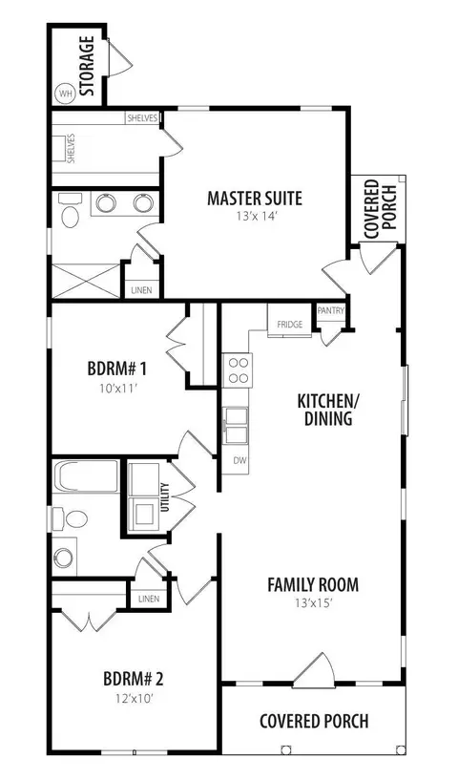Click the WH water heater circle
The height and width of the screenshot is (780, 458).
[65, 93]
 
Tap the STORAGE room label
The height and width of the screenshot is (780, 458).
[87, 66]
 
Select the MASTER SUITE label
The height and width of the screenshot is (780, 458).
[255, 198]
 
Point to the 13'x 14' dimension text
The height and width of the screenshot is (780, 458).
[254, 217]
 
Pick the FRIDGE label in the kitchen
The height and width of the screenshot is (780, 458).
[289, 325]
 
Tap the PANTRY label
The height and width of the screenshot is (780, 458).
[331, 311]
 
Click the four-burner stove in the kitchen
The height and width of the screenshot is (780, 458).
[238, 370]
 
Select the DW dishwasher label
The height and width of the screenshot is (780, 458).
[240, 460]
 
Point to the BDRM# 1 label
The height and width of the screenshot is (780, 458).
[116, 369]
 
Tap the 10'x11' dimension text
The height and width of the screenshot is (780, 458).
[117, 388]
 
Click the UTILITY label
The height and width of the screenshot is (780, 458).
[166, 497]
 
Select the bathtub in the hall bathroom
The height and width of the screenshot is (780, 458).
[86, 475]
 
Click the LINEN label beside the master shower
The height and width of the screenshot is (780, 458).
[142, 290]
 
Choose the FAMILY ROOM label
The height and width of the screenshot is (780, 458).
[313, 585]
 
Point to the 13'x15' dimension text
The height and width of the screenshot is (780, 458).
[313, 603]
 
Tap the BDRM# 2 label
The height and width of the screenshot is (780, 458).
[134, 679]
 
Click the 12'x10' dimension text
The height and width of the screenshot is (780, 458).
[134, 698]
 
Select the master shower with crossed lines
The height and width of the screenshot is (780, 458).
[87, 281]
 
